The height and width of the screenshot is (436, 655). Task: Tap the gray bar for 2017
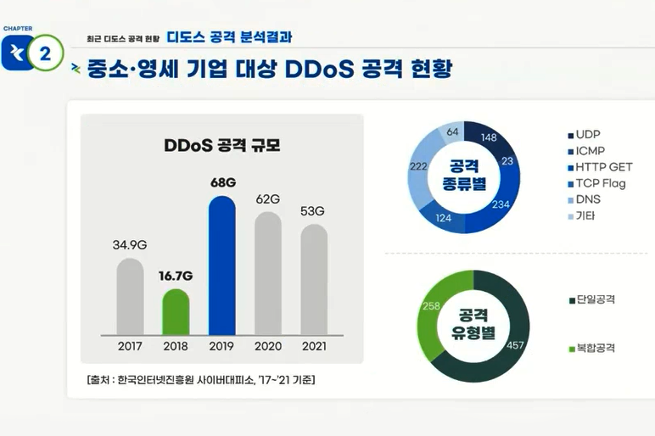[x=130, y=297]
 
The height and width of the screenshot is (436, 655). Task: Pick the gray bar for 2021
[x=313, y=280]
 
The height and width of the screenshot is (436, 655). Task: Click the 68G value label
[x=221, y=182]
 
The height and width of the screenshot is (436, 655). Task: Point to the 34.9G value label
[x=130, y=245]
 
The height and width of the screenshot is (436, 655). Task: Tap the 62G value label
[x=267, y=198]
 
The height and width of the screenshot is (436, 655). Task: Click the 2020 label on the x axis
[x=267, y=346]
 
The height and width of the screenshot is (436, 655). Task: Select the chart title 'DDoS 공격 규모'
[x=221, y=145]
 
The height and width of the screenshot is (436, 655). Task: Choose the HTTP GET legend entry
[x=603, y=167]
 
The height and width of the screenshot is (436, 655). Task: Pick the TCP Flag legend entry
[x=600, y=183]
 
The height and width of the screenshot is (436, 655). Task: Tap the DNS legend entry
[x=588, y=199]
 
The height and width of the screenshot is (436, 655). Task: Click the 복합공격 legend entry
[x=595, y=348]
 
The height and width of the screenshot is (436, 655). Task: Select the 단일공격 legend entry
[x=595, y=299]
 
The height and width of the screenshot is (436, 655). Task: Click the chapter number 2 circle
[x=44, y=53]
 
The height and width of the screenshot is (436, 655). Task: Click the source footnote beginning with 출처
[x=200, y=379]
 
